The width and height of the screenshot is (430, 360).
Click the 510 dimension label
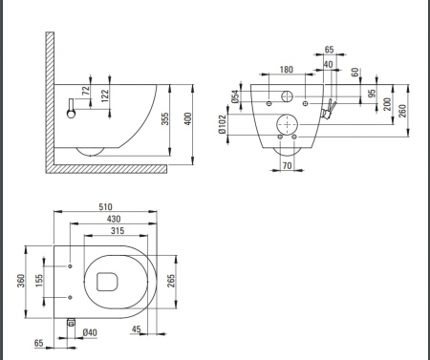click(x=105, y=207)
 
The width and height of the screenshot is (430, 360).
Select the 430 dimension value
click(x=114, y=219)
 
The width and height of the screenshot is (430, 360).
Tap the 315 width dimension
click(x=118, y=231)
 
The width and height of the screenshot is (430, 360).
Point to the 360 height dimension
click(x=21, y=281)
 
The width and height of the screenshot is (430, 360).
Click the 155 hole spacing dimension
click(x=39, y=281)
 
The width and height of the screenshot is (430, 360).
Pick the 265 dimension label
click(x=171, y=281)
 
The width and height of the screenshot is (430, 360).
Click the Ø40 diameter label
click(x=90, y=332)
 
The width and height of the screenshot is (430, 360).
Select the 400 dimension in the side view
click(x=188, y=118)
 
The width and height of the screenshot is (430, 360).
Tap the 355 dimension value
click(x=164, y=118)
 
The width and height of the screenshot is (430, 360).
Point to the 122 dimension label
click(x=105, y=95)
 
